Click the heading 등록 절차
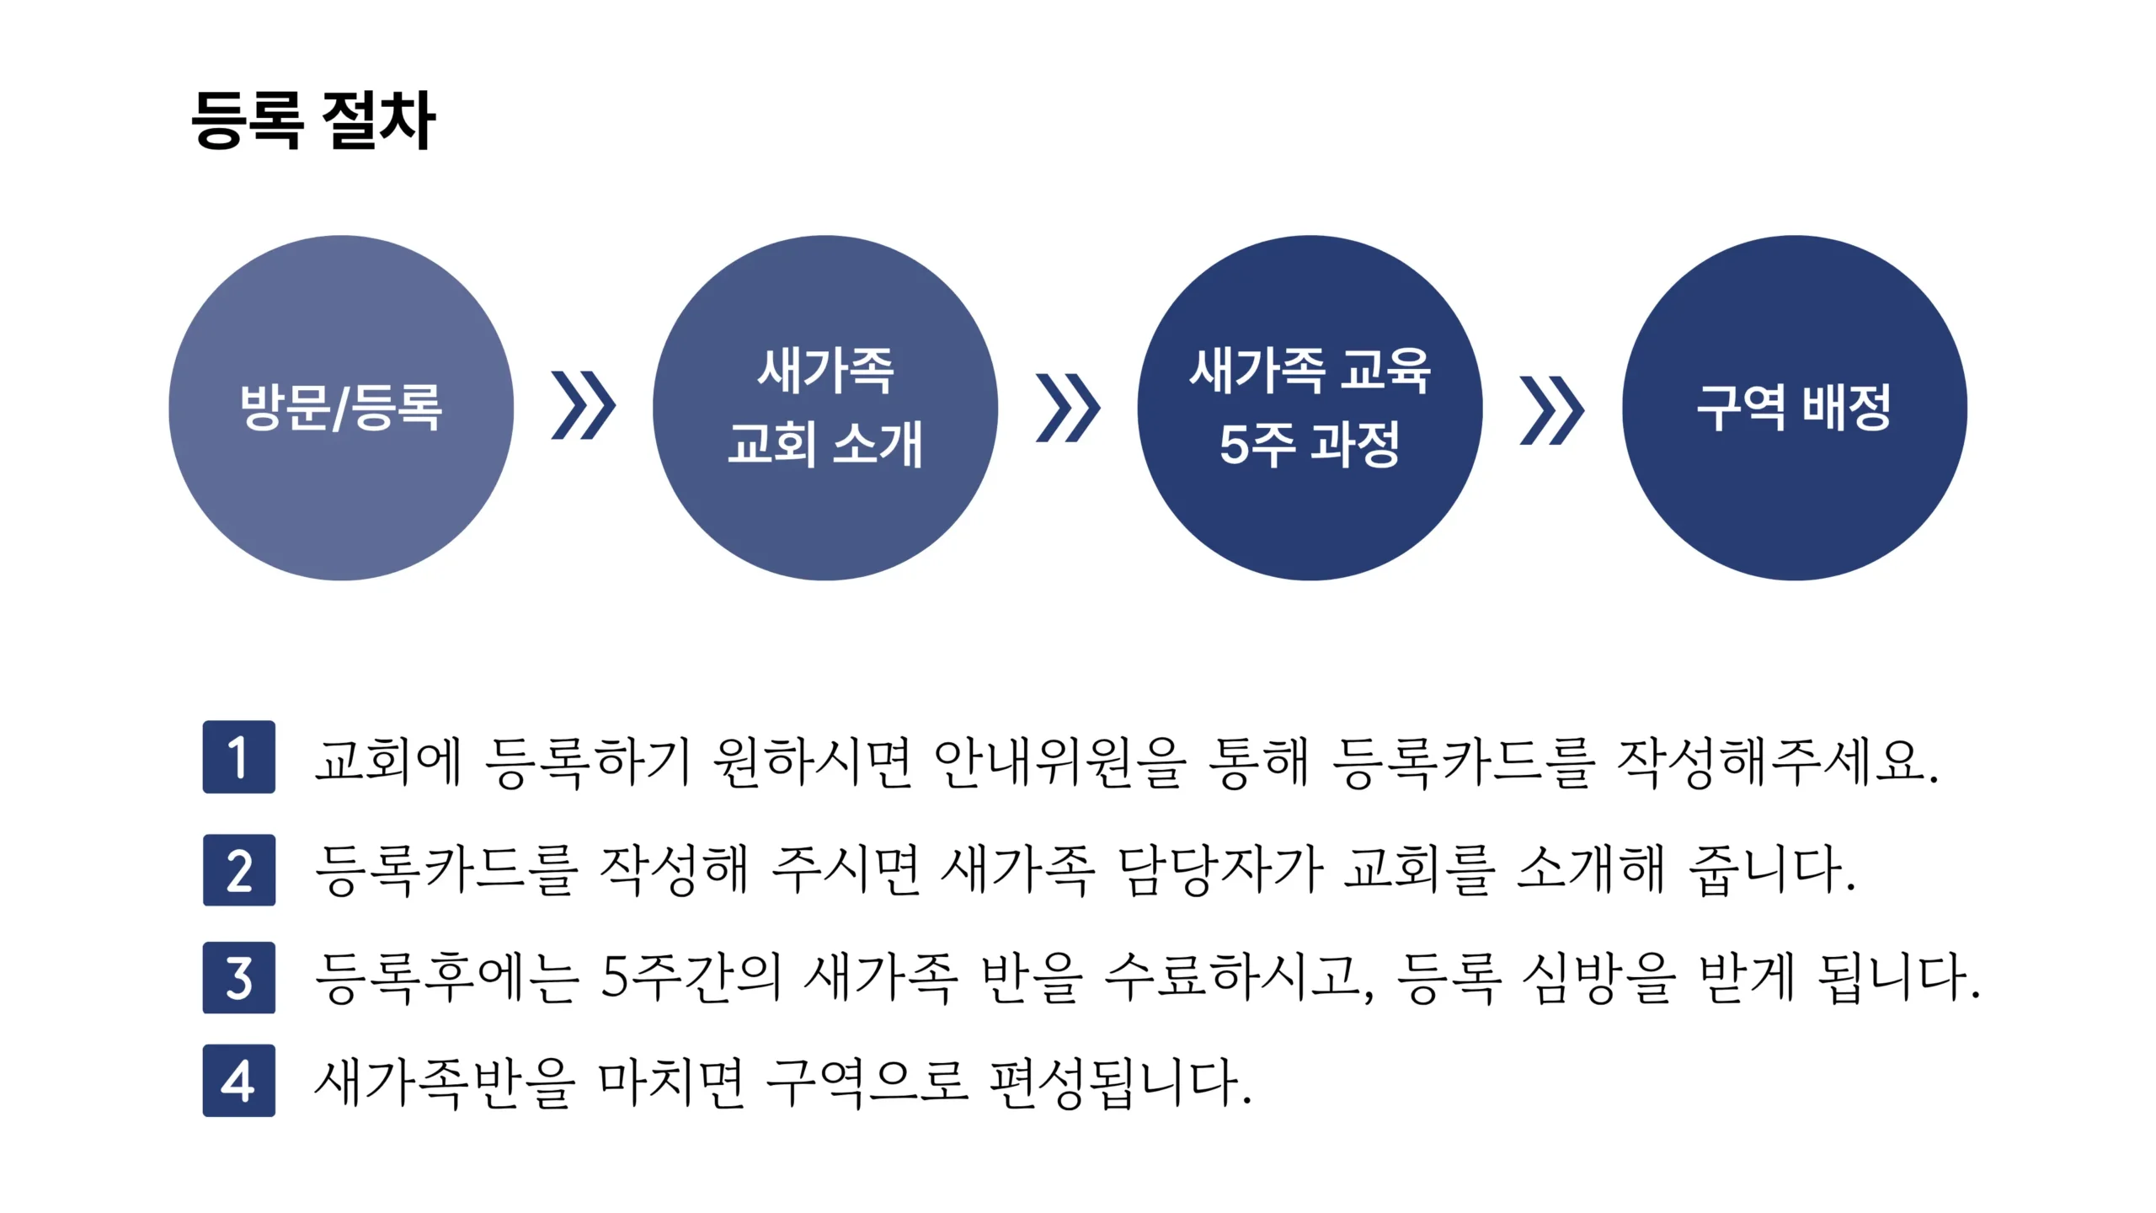313,120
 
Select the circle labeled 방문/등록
341,408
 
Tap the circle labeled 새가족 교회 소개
825,408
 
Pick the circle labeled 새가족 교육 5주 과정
1310,408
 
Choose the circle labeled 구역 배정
1795,408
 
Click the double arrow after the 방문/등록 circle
584,405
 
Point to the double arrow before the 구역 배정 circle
1552,409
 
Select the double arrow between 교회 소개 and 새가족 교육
1068,408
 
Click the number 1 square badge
239,756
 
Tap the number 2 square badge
239,870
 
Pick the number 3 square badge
239,977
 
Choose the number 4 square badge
239,1081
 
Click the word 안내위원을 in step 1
1059,761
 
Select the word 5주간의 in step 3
691,977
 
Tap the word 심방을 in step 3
1598,977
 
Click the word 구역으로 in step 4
867,1082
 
